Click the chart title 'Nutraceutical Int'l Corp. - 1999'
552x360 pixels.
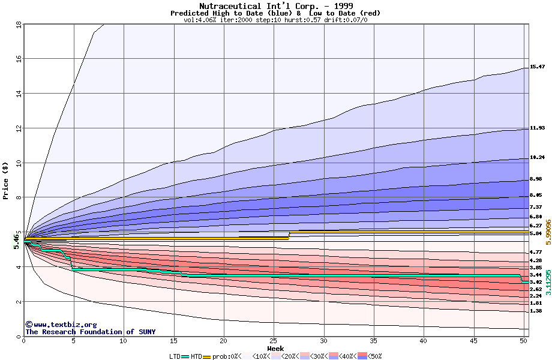(x=275, y=6)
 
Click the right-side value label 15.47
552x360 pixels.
(x=537, y=67)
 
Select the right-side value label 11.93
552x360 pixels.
(x=537, y=128)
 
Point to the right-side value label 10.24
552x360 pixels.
(x=537, y=158)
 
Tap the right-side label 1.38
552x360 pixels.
(x=536, y=311)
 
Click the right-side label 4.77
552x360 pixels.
(x=536, y=253)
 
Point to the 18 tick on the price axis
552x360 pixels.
(x=19, y=25)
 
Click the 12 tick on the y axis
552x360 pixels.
(x=19, y=128)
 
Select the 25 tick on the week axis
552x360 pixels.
(x=274, y=341)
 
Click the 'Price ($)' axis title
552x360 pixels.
(x=6, y=181)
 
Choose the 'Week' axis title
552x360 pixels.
(x=275, y=349)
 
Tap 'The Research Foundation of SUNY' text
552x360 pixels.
(x=90, y=332)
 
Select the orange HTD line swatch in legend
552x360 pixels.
(x=209, y=356)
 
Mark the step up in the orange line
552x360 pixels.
(x=289, y=234)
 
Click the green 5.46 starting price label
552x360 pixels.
(x=17, y=241)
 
